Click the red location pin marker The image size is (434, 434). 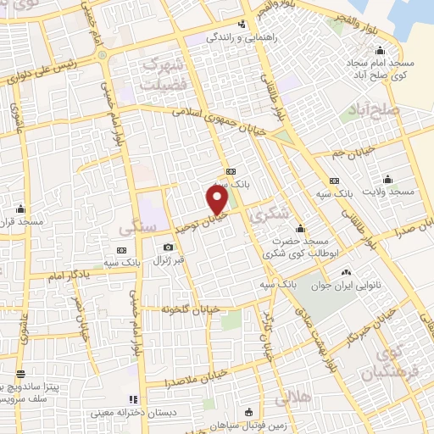coord(218,200)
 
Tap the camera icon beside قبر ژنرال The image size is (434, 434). coord(168,248)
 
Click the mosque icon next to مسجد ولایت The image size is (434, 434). coord(388,179)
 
